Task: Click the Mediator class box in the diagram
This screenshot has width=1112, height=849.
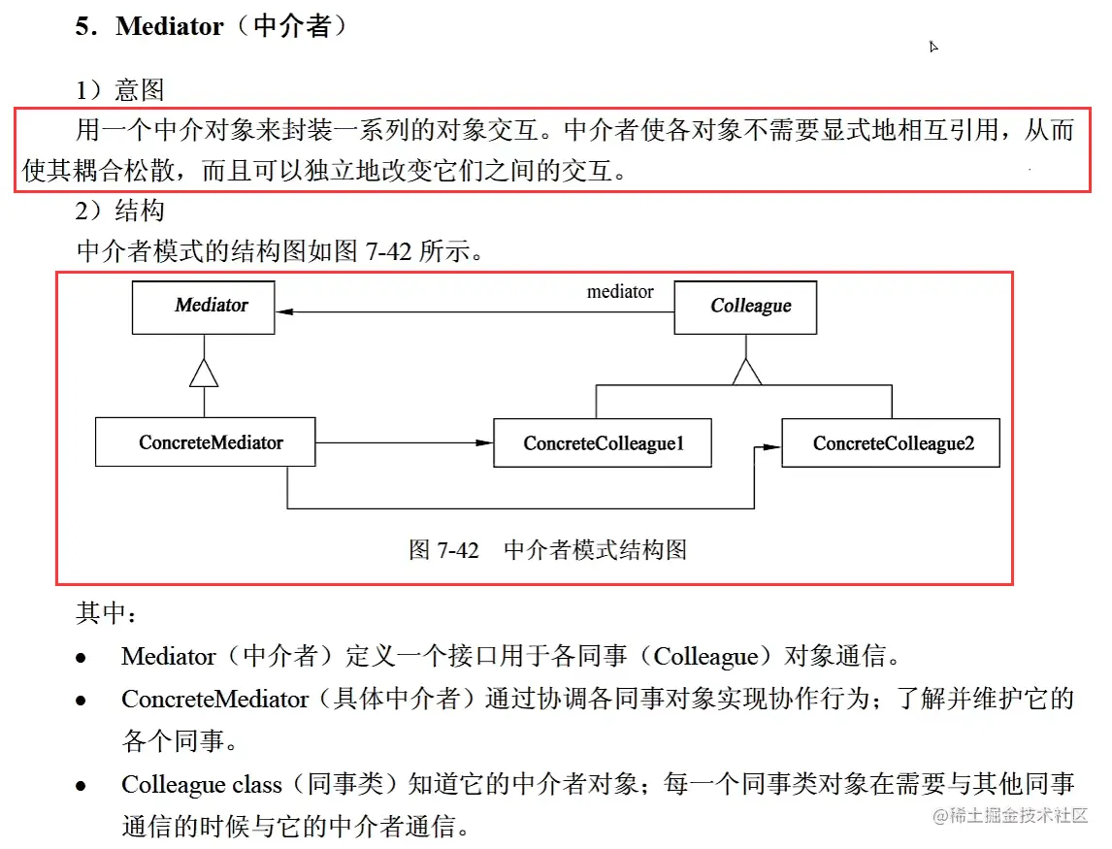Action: tap(204, 308)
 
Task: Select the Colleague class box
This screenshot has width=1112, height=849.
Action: tap(745, 308)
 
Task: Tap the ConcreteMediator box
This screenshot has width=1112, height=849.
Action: tap(206, 442)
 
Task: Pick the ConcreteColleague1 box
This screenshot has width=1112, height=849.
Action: tap(603, 443)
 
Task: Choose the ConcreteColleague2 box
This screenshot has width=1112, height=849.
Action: tap(891, 443)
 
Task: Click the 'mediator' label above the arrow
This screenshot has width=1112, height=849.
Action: tap(620, 291)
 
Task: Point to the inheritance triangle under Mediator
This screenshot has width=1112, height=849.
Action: tap(204, 372)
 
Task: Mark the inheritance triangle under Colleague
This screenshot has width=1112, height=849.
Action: tap(745, 371)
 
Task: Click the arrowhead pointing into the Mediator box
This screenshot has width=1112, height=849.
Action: tap(284, 312)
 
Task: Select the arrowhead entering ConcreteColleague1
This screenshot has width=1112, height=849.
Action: tap(484, 443)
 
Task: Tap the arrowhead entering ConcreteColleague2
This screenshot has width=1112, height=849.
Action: tap(771, 447)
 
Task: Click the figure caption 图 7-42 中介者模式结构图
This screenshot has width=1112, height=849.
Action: tap(547, 550)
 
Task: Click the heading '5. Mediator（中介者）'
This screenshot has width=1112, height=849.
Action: tap(212, 26)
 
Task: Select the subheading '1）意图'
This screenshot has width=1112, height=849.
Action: tap(120, 90)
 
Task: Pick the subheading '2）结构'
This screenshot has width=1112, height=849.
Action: tap(120, 211)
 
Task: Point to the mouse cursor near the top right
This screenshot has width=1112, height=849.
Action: tap(933, 47)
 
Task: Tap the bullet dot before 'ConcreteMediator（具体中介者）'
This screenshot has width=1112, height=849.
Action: tap(82, 701)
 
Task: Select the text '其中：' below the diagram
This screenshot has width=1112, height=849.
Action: tap(108, 613)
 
